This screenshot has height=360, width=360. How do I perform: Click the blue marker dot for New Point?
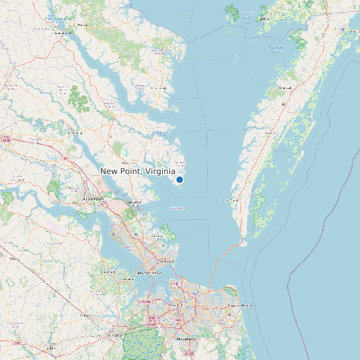pos(179,179)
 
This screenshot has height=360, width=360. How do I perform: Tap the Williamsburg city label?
pos(92,199)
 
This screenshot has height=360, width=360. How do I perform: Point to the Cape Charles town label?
pos(230,200)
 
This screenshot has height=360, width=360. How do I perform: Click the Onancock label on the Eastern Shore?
pos(286,88)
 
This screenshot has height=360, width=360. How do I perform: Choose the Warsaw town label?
pos(83,25)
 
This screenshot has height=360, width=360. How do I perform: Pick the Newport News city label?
pos(145,272)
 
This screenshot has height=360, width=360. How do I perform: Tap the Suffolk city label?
pos(118,336)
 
